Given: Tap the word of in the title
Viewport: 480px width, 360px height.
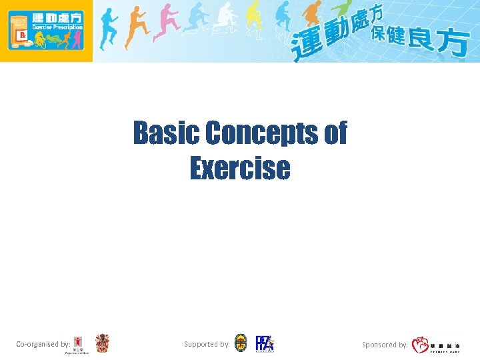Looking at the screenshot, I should [x=335, y=133].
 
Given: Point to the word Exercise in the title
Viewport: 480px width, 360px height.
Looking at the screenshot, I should [x=240, y=167].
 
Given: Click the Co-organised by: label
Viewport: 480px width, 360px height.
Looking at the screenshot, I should [x=43, y=345].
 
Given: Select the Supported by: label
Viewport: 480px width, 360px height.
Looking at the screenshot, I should [x=207, y=344].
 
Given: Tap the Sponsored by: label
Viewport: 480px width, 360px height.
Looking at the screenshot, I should [x=385, y=345].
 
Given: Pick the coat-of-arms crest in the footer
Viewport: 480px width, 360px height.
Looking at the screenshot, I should [x=102, y=343].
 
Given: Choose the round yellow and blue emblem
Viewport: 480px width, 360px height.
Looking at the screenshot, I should [x=241, y=343].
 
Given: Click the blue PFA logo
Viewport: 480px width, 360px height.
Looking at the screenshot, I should [x=265, y=343].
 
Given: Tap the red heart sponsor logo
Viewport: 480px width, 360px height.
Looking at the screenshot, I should [x=420, y=345].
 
